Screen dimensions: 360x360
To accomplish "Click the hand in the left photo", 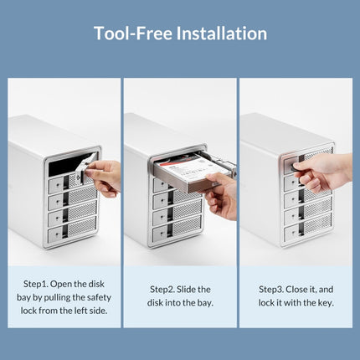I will point(105,177).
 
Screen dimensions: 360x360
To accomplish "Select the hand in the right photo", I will point(322,172).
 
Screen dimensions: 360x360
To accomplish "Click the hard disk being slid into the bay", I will point(188,174).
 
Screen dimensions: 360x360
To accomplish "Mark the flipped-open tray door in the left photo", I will point(87,167).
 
